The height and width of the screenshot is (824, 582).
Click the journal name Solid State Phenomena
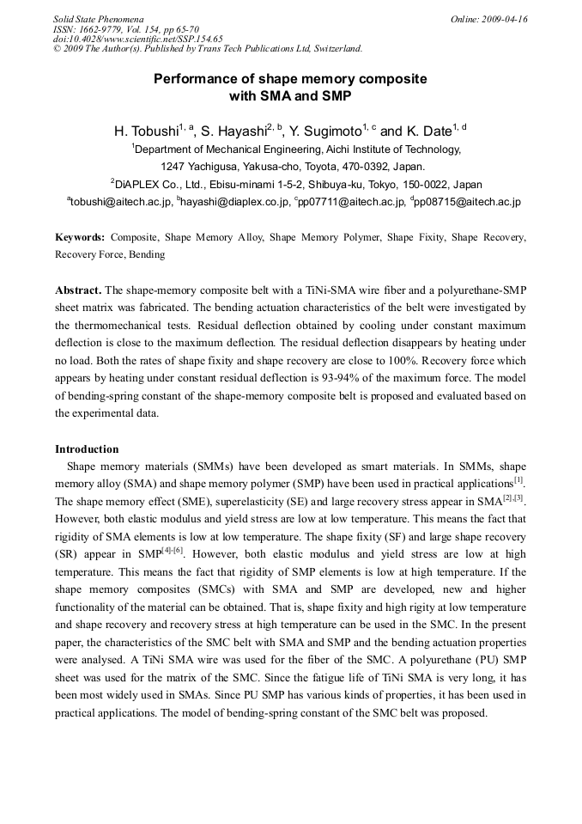pyautogui.click(x=98, y=19)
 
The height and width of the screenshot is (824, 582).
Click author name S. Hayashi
pyautogui.click(x=233, y=131)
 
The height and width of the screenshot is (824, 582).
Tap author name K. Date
pyautogui.click(x=427, y=131)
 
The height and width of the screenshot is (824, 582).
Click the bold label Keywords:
pyautogui.click(x=81, y=236)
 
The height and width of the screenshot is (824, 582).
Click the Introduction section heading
pyautogui.click(x=87, y=449)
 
